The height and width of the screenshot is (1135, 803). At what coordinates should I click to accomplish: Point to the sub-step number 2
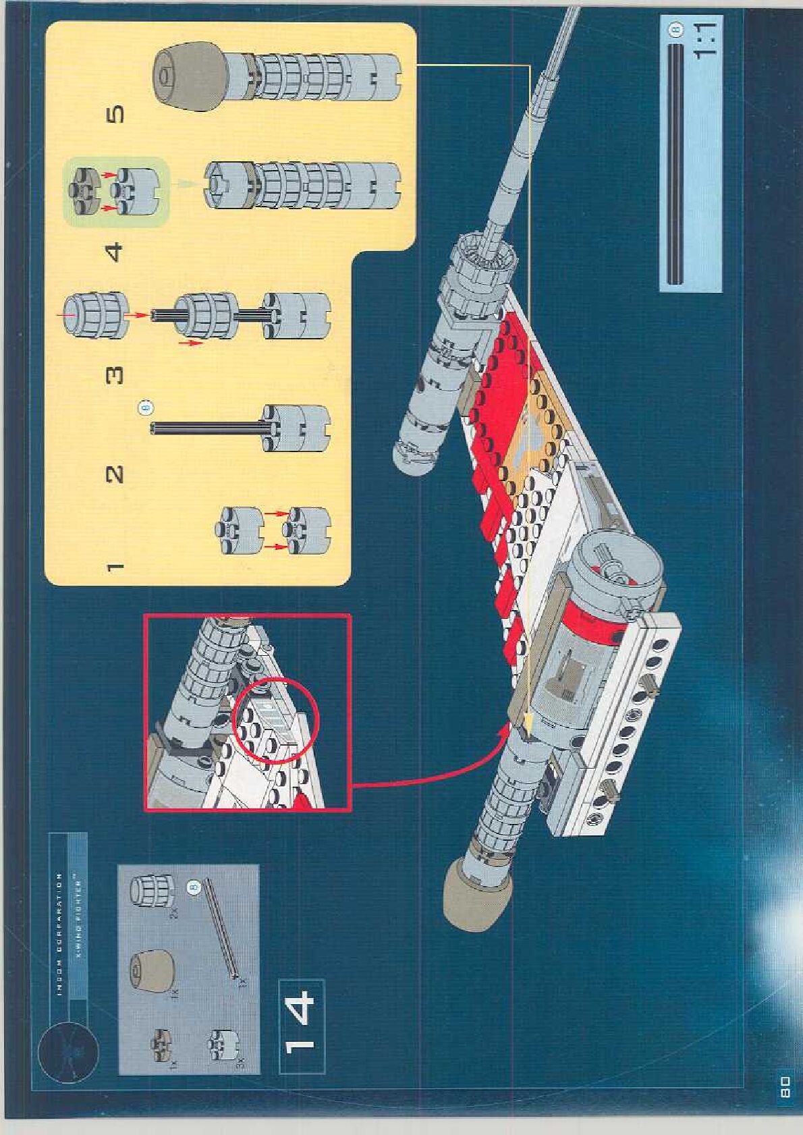click(115, 474)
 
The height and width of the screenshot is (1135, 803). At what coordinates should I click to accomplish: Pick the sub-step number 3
click(115, 374)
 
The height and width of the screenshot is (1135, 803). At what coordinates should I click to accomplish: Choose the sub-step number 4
click(115, 252)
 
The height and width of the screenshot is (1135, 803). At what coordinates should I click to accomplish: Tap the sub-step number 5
click(115, 115)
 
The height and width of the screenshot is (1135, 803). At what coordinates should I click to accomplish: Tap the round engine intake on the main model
click(621, 565)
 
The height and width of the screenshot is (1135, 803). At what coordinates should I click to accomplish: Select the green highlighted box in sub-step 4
click(115, 192)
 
